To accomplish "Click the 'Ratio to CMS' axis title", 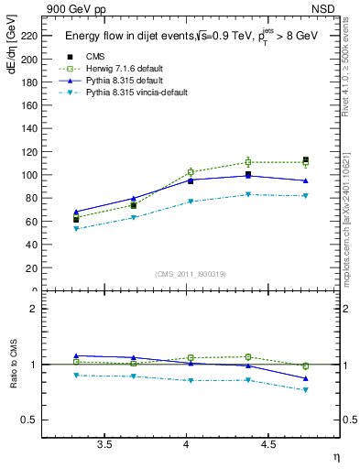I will pyautogui.click(x=11, y=366).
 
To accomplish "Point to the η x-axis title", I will pyautogui.click(x=335, y=456).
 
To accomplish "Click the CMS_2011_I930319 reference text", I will pyautogui.click(x=190, y=274).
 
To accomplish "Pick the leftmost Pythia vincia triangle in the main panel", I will pyautogui.click(x=76, y=229).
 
